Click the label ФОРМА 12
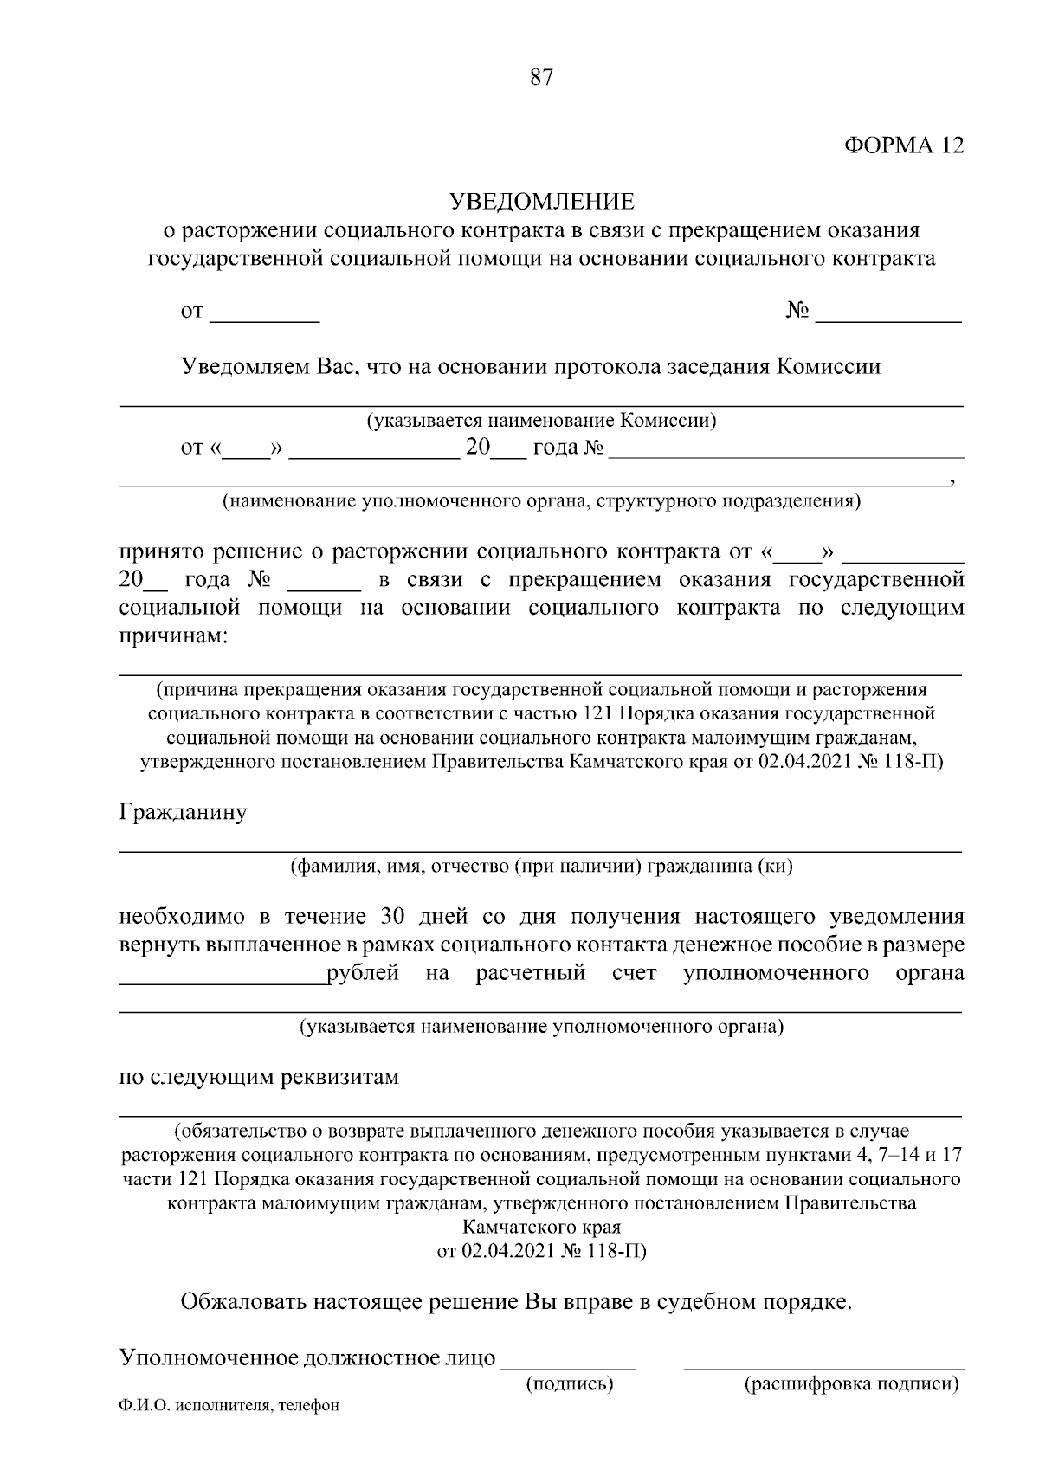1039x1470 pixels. tap(903, 145)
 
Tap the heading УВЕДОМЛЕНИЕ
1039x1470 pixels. tap(541, 202)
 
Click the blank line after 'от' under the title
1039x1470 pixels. tap(265, 318)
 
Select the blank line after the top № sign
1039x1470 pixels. tap(888, 318)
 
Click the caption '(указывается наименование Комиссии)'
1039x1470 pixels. tap(541, 422)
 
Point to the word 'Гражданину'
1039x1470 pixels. tap(183, 813)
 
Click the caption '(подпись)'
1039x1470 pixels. tap(570, 1383)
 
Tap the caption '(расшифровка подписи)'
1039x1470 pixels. tap(852, 1383)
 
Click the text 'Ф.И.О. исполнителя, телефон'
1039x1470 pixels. tap(229, 1407)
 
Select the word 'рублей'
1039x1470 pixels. tap(363, 972)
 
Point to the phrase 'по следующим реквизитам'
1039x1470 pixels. tap(259, 1078)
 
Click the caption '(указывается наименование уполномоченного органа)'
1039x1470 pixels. tap(541, 1028)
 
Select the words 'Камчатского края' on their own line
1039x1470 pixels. tap(541, 1228)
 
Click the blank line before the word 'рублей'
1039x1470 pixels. tap(222, 980)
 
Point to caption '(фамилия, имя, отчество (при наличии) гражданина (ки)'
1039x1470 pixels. tap(541, 866)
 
